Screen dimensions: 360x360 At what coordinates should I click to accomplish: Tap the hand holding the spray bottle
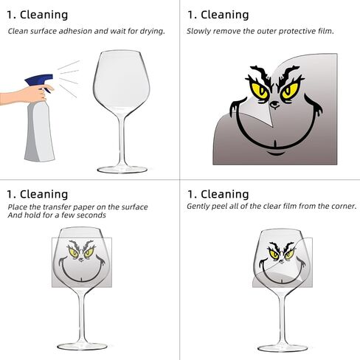pyautogui.click(x=24, y=95)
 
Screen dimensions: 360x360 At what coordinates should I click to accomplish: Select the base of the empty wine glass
pyautogui.click(x=122, y=169)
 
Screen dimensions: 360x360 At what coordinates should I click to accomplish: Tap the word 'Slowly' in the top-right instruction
pyautogui.click(x=198, y=32)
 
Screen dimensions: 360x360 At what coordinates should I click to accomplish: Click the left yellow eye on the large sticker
pyautogui.click(x=260, y=91)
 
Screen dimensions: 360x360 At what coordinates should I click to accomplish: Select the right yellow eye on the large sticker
pyautogui.click(x=290, y=90)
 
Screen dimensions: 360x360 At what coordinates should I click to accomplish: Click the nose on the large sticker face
pyautogui.click(x=274, y=105)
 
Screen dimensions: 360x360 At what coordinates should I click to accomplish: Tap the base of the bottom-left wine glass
pyautogui.click(x=82, y=346)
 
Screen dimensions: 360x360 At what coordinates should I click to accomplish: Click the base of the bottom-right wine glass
pyautogui.click(x=283, y=347)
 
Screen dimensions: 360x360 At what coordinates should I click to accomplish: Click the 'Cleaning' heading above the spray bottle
pyautogui.click(x=44, y=15)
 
